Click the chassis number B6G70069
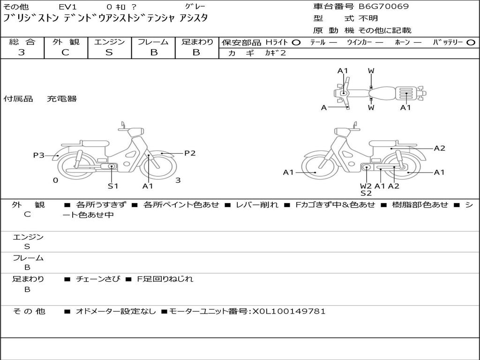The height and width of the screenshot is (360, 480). [x=383, y=7]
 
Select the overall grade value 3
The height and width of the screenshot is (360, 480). [x=22, y=52]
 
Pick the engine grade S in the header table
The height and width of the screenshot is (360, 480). [x=109, y=52]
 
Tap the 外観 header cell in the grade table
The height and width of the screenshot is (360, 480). [x=66, y=42]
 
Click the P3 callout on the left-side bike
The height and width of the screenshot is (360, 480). [x=38, y=155]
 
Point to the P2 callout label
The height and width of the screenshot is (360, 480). [x=190, y=153]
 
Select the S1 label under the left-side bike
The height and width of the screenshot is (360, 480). [x=112, y=186]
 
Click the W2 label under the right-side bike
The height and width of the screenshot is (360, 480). [x=366, y=186]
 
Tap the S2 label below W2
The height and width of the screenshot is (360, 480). [x=366, y=193]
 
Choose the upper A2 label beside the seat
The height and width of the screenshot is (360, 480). [x=440, y=148]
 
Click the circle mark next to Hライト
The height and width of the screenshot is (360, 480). [x=296, y=43]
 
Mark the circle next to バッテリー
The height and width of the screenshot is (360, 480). [x=471, y=43]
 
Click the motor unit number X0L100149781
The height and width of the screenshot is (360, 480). [x=289, y=311]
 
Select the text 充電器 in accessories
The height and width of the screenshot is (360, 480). [x=62, y=98]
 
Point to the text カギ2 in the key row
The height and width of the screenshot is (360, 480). [x=275, y=53]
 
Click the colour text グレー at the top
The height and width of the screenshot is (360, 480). [x=195, y=7]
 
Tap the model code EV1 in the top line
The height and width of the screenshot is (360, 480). [x=67, y=7]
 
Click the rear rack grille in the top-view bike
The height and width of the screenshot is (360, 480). [x=406, y=93]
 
